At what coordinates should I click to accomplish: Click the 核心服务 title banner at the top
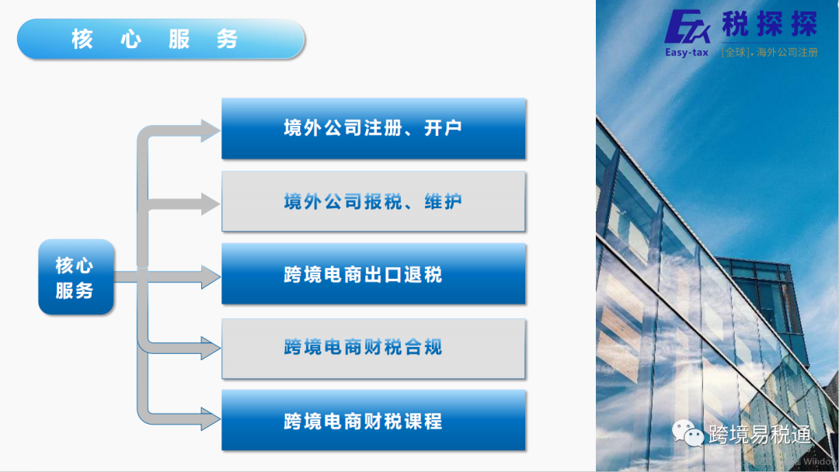pos(160,39)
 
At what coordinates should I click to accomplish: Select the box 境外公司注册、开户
pos(373,129)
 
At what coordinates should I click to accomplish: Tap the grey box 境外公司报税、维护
pos(373,202)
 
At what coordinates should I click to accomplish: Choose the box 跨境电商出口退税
pos(373,275)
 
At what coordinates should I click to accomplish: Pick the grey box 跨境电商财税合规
pos(373,348)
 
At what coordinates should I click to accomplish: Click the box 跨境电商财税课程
pos(373,421)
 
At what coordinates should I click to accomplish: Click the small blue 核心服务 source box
pos(75,277)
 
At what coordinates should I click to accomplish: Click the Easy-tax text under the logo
pos(687,53)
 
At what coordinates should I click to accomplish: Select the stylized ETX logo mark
pos(688,26)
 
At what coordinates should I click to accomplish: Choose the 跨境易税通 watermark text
pos(759,435)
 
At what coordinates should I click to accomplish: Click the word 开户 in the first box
pos(443,129)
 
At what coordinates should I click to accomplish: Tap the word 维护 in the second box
pos(443,202)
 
